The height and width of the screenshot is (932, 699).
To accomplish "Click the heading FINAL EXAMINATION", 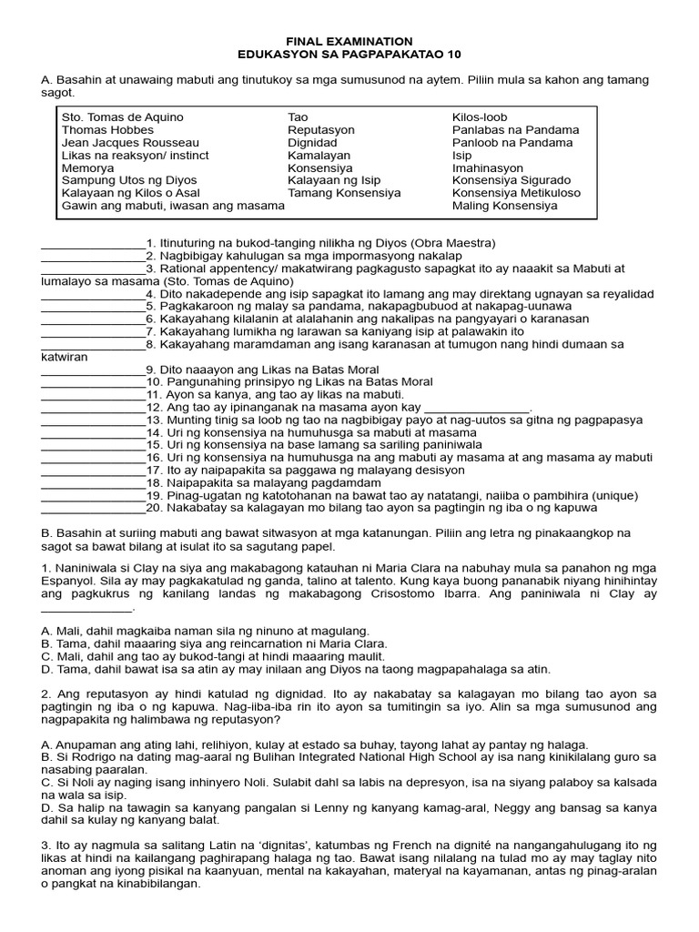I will tap(349, 42).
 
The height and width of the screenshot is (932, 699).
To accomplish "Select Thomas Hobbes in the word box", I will tap(107, 130).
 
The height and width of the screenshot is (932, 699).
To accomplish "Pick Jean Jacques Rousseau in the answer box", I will tap(130, 143).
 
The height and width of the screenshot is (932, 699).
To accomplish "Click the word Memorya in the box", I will tap(88, 168).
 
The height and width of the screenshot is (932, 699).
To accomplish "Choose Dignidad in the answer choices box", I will tap(313, 143).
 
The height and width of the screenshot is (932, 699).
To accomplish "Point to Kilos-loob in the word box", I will tap(480, 117).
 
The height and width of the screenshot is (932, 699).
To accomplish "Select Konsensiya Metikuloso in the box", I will tap(516, 193).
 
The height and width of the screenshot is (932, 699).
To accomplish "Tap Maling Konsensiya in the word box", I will tap(504, 206).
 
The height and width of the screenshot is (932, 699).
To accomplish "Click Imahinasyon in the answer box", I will tap(488, 168).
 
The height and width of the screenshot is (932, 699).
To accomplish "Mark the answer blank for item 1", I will tap(93, 245).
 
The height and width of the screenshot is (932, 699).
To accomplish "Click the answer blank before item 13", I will tap(93, 421).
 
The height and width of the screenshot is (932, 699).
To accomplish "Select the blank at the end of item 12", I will tap(478, 409).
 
